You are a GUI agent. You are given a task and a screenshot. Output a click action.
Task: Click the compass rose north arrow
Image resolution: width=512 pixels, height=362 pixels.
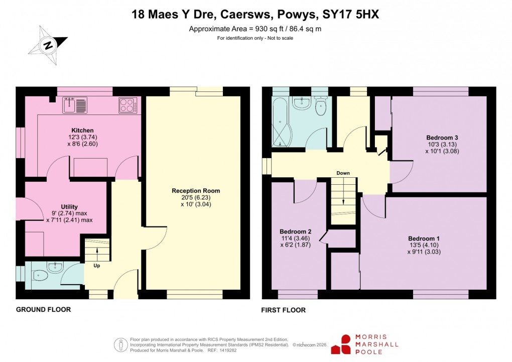click(x=48, y=45)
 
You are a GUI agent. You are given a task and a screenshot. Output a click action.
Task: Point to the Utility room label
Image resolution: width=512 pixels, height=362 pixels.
click(x=69, y=206)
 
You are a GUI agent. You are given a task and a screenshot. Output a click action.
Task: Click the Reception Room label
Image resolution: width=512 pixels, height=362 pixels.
click(x=196, y=191)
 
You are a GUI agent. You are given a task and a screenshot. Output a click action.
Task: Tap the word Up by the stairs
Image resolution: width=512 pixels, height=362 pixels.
click(x=96, y=265)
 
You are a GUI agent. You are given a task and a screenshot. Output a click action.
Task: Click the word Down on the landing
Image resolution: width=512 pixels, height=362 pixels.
click(x=343, y=173)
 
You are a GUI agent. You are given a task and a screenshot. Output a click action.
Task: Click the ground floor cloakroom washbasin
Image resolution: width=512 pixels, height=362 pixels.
click(x=56, y=267)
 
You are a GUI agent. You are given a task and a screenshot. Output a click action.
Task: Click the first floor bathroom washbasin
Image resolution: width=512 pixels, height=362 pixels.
click(x=302, y=103)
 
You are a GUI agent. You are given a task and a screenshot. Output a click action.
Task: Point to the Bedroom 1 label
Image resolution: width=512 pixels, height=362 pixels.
click(x=424, y=238)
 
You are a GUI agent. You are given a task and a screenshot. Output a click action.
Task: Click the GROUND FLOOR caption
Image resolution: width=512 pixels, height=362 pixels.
click(x=43, y=310)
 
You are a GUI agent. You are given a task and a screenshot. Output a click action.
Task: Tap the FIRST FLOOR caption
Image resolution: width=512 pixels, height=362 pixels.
click(x=283, y=310)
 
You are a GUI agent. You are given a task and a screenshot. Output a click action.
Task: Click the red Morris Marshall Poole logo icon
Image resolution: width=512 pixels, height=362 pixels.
click(x=345, y=345)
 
